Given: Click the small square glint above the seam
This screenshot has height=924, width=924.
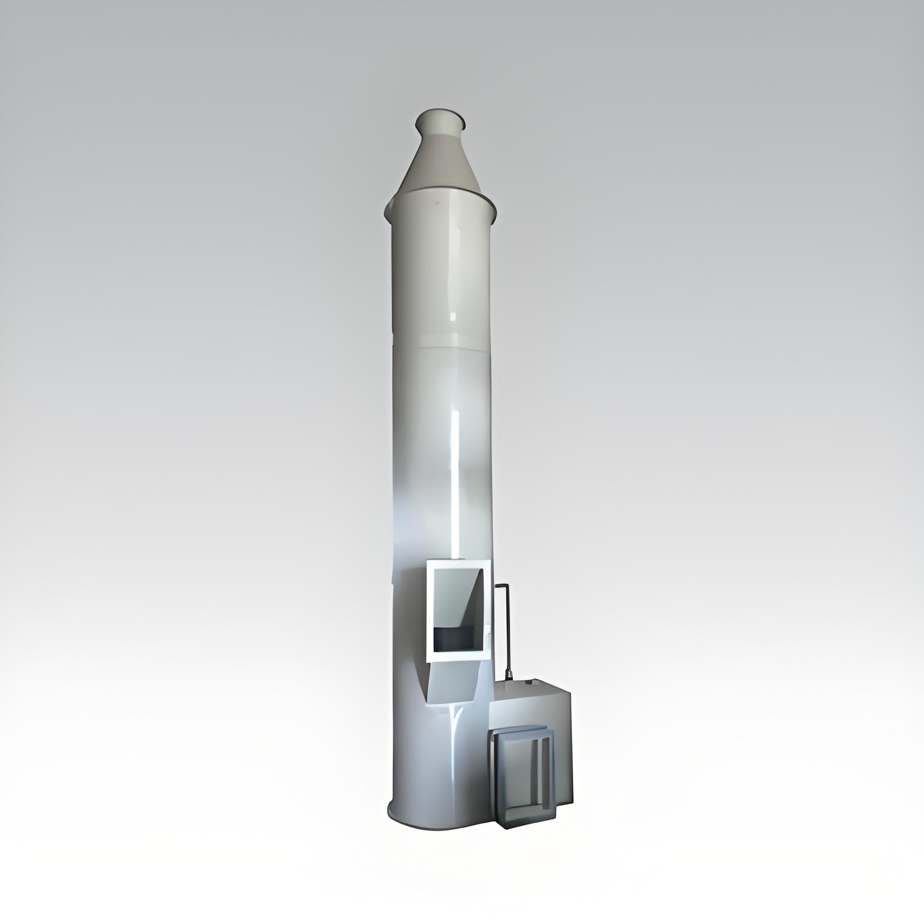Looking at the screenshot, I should pyautogui.click(x=453, y=316).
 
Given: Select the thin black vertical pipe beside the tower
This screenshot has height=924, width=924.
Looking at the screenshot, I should pyautogui.click(x=506, y=632).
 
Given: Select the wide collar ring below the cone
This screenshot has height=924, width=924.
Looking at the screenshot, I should pyautogui.click(x=441, y=210).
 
